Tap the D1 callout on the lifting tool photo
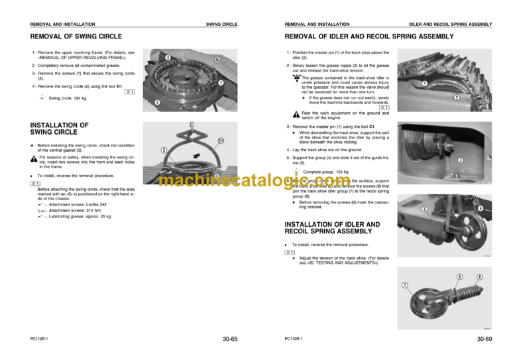221,141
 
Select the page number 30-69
484,339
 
